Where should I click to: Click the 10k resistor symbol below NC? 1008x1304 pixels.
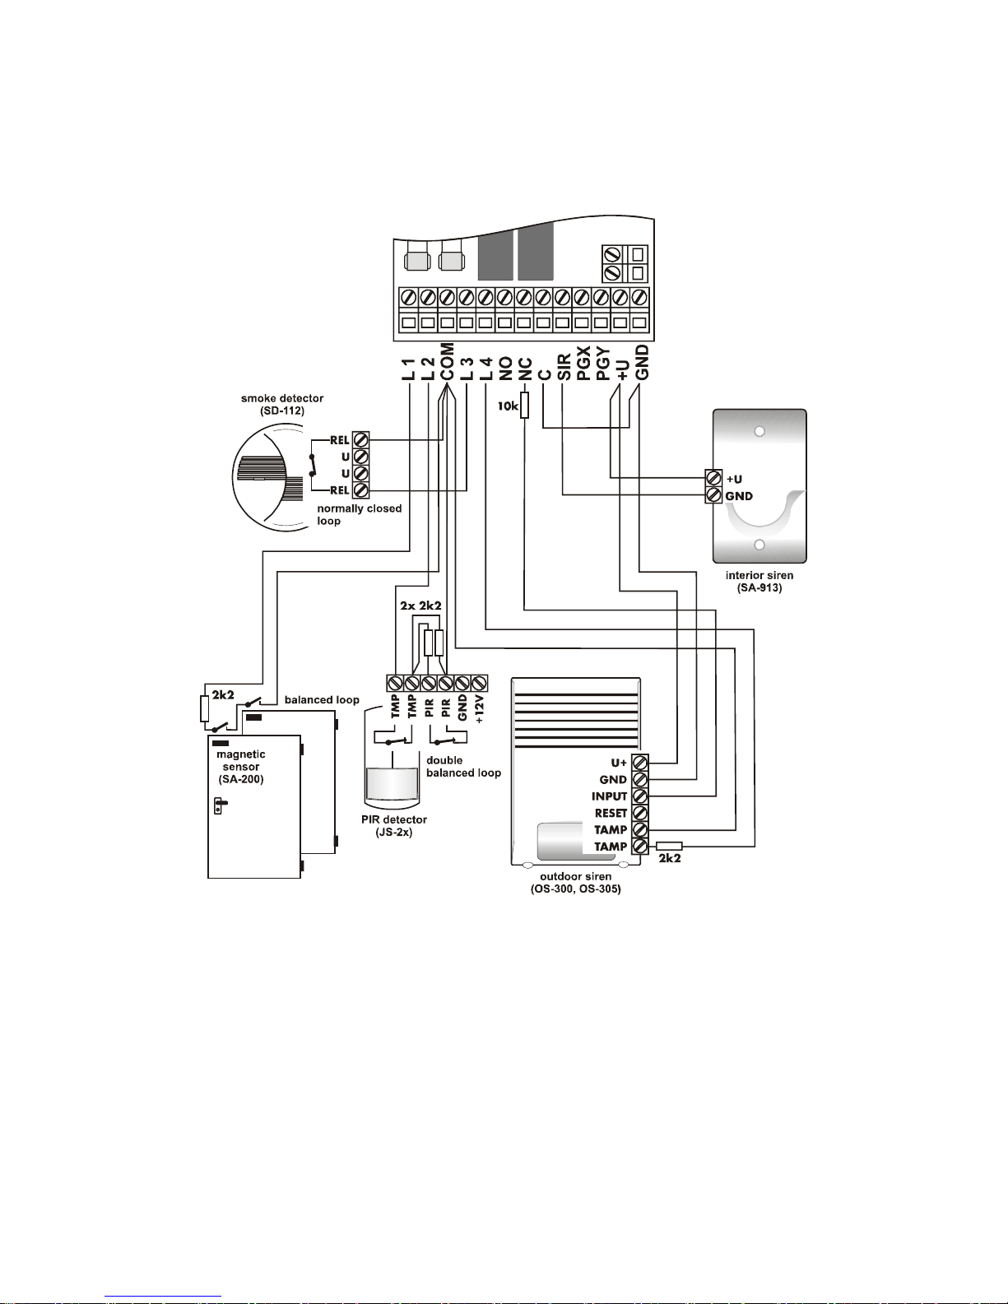[x=524, y=406]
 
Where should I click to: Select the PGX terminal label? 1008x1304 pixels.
[x=583, y=363]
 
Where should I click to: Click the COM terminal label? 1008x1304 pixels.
[x=447, y=362]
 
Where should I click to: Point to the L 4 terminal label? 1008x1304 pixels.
[x=486, y=369]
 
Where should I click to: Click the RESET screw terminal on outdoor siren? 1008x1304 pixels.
[x=640, y=813]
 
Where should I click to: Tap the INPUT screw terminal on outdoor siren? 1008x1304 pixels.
[x=640, y=796]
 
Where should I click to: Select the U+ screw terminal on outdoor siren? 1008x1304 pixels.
[x=640, y=763]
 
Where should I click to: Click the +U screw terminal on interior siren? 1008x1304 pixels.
[x=713, y=478]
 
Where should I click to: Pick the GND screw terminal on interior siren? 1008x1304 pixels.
[x=713, y=495]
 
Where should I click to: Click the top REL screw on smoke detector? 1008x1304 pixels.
[x=360, y=440]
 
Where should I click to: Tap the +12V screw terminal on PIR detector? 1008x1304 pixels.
[x=479, y=683]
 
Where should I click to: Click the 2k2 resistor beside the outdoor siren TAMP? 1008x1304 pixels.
[x=669, y=847]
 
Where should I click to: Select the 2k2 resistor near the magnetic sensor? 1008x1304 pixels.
[x=205, y=708]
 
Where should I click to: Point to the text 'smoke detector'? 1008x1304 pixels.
[x=282, y=398]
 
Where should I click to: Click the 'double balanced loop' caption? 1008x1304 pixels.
[x=463, y=767]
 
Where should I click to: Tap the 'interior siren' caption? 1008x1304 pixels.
[x=759, y=576]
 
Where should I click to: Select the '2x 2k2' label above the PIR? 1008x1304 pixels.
[x=420, y=606]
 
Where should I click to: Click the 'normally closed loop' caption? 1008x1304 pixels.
[x=359, y=515]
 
